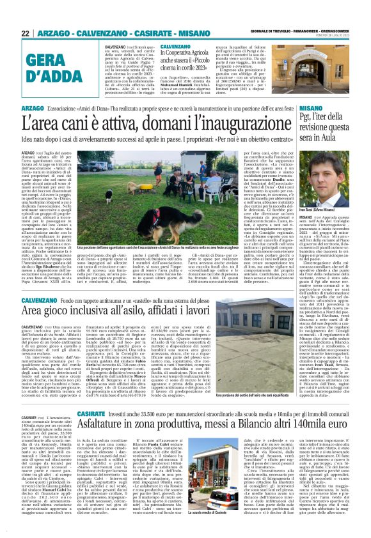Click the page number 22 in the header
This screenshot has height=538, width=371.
(25, 32)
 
